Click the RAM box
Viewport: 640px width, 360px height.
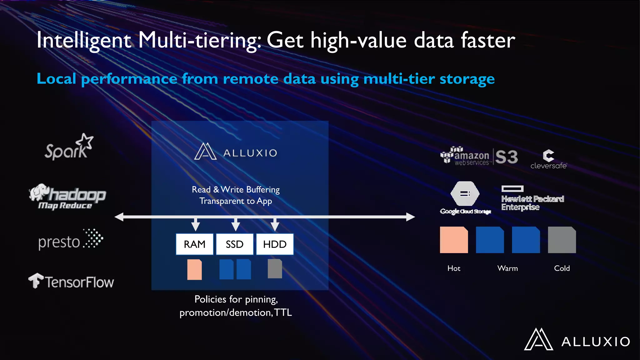click(194, 244)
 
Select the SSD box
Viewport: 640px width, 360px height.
click(235, 244)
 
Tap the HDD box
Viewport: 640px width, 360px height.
click(275, 244)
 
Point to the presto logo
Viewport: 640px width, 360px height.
click(71, 240)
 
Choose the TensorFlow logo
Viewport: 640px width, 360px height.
click(71, 281)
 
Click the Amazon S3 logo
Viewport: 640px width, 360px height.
click(479, 156)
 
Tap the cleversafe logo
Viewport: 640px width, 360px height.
click(548, 159)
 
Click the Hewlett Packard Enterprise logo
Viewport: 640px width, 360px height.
click(532, 199)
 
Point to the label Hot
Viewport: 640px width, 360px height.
click(454, 268)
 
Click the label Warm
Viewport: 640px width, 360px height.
click(507, 268)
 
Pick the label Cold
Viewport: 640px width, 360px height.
click(562, 268)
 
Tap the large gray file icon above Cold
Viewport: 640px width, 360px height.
click(562, 240)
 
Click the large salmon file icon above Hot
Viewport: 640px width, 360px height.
click(454, 240)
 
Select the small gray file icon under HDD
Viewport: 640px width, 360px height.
click(275, 269)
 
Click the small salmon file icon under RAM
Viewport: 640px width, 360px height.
click(194, 269)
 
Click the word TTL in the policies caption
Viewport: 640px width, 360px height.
click(283, 312)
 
